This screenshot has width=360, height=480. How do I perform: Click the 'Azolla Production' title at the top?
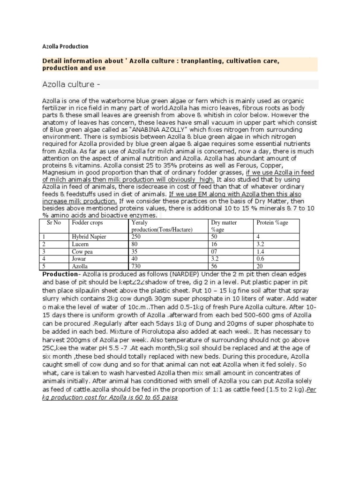[x=65, y=47]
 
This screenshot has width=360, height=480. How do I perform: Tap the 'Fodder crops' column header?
[x=85, y=222]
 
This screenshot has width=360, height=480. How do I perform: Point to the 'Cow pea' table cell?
[x=81, y=251]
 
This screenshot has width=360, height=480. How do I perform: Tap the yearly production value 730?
[x=136, y=265]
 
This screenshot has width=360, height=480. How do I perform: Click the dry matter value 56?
[x=215, y=265]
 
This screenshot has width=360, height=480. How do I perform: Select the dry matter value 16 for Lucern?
[x=215, y=244]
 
